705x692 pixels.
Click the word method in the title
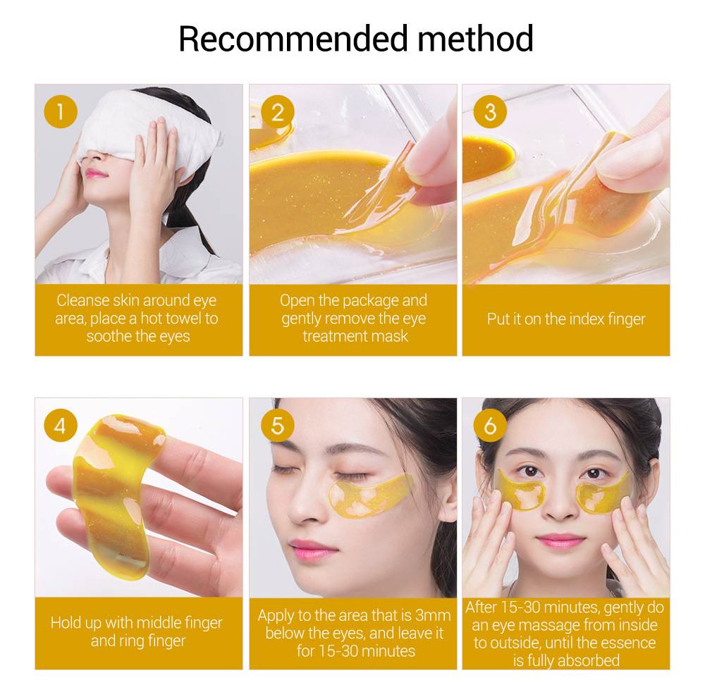475,39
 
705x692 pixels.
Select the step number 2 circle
277,112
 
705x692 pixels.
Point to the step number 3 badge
490,112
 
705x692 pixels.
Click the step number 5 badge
277,426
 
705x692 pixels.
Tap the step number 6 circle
490,426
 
